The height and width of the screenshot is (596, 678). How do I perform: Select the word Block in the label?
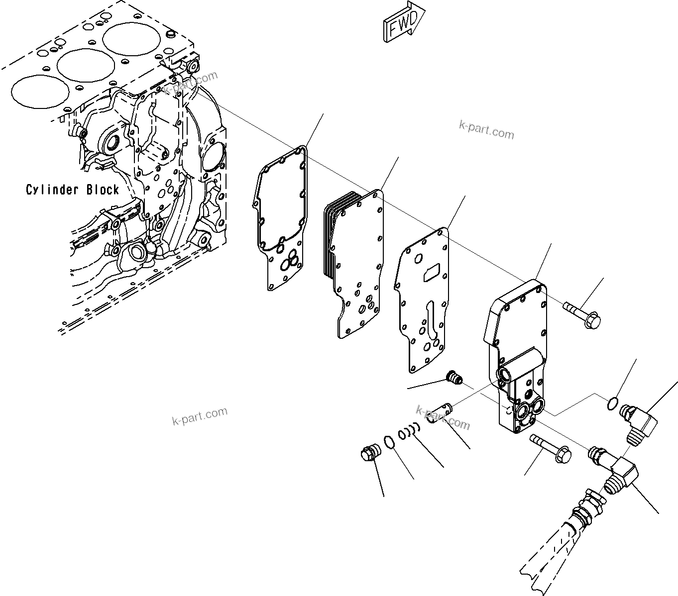(103, 190)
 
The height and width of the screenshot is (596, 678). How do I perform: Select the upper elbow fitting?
(640, 420)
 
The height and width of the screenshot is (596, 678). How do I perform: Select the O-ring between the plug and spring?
(390, 441)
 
